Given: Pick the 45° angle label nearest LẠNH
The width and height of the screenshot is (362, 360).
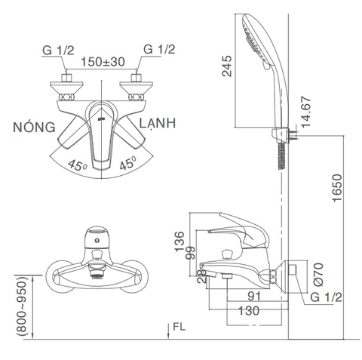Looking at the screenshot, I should [127, 164].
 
